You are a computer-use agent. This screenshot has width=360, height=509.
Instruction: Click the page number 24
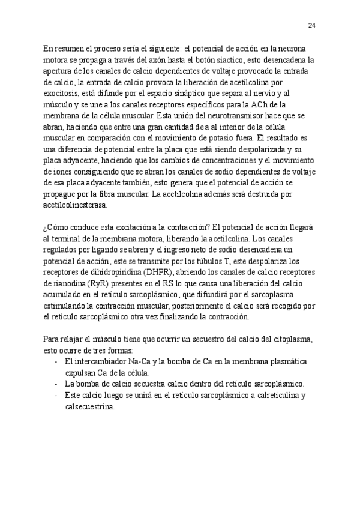[x=312, y=25]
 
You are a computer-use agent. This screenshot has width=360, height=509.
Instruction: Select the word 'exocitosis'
[x=61, y=94]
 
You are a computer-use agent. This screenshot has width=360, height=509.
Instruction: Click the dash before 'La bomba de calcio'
[x=56, y=384]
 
